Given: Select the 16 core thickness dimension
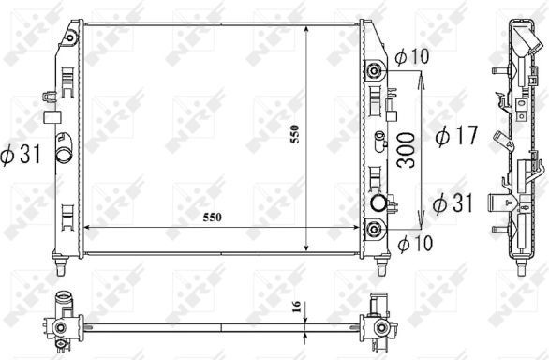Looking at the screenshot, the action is (x=296, y=307).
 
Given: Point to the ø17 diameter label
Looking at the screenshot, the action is (x=456, y=135).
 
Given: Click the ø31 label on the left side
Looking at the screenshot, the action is (x=21, y=154).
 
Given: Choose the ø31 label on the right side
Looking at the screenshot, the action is (x=453, y=202).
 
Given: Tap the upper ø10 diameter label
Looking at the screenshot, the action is (x=412, y=56).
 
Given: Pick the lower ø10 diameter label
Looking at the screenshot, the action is (x=415, y=243).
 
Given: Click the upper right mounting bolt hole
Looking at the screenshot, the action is (x=374, y=71).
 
